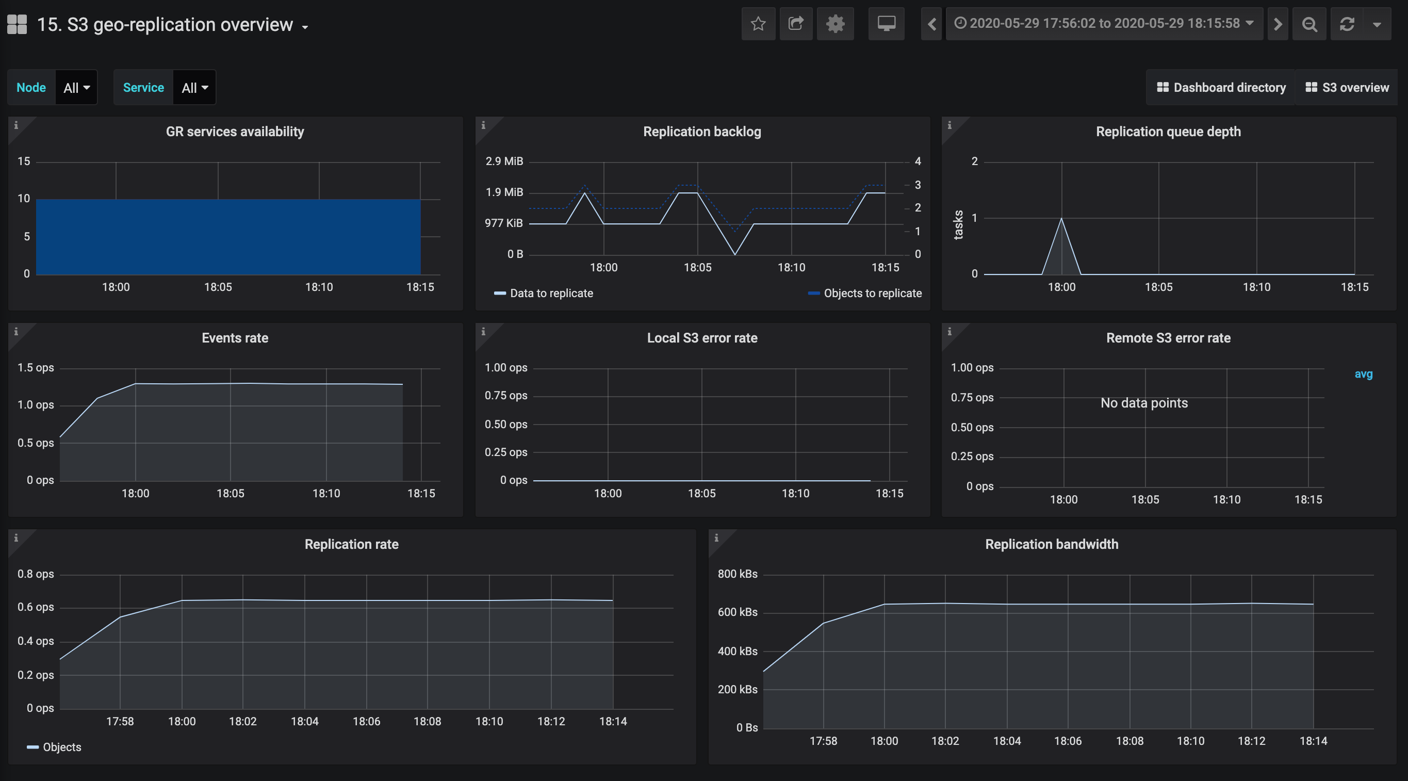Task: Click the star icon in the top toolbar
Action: point(758,24)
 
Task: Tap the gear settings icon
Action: point(835,24)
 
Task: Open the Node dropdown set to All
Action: point(76,88)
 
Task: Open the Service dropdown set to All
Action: point(194,88)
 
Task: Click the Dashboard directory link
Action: point(1221,88)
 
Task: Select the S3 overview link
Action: point(1347,88)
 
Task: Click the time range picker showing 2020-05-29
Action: point(1104,24)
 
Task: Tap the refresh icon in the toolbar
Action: point(1347,24)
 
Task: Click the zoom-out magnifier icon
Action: point(1309,24)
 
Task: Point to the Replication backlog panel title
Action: point(702,132)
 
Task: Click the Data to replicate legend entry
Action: point(543,294)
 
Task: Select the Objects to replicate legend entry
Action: point(865,294)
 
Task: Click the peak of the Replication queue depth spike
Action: point(1061,219)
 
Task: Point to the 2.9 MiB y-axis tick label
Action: point(504,161)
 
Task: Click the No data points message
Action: point(1144,403)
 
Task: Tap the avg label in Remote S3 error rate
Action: point(1363,375)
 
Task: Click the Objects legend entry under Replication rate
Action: point(54,747)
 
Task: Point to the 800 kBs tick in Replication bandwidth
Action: point(738,574)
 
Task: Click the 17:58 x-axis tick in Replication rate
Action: point(120,722)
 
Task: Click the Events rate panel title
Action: point(235,338)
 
